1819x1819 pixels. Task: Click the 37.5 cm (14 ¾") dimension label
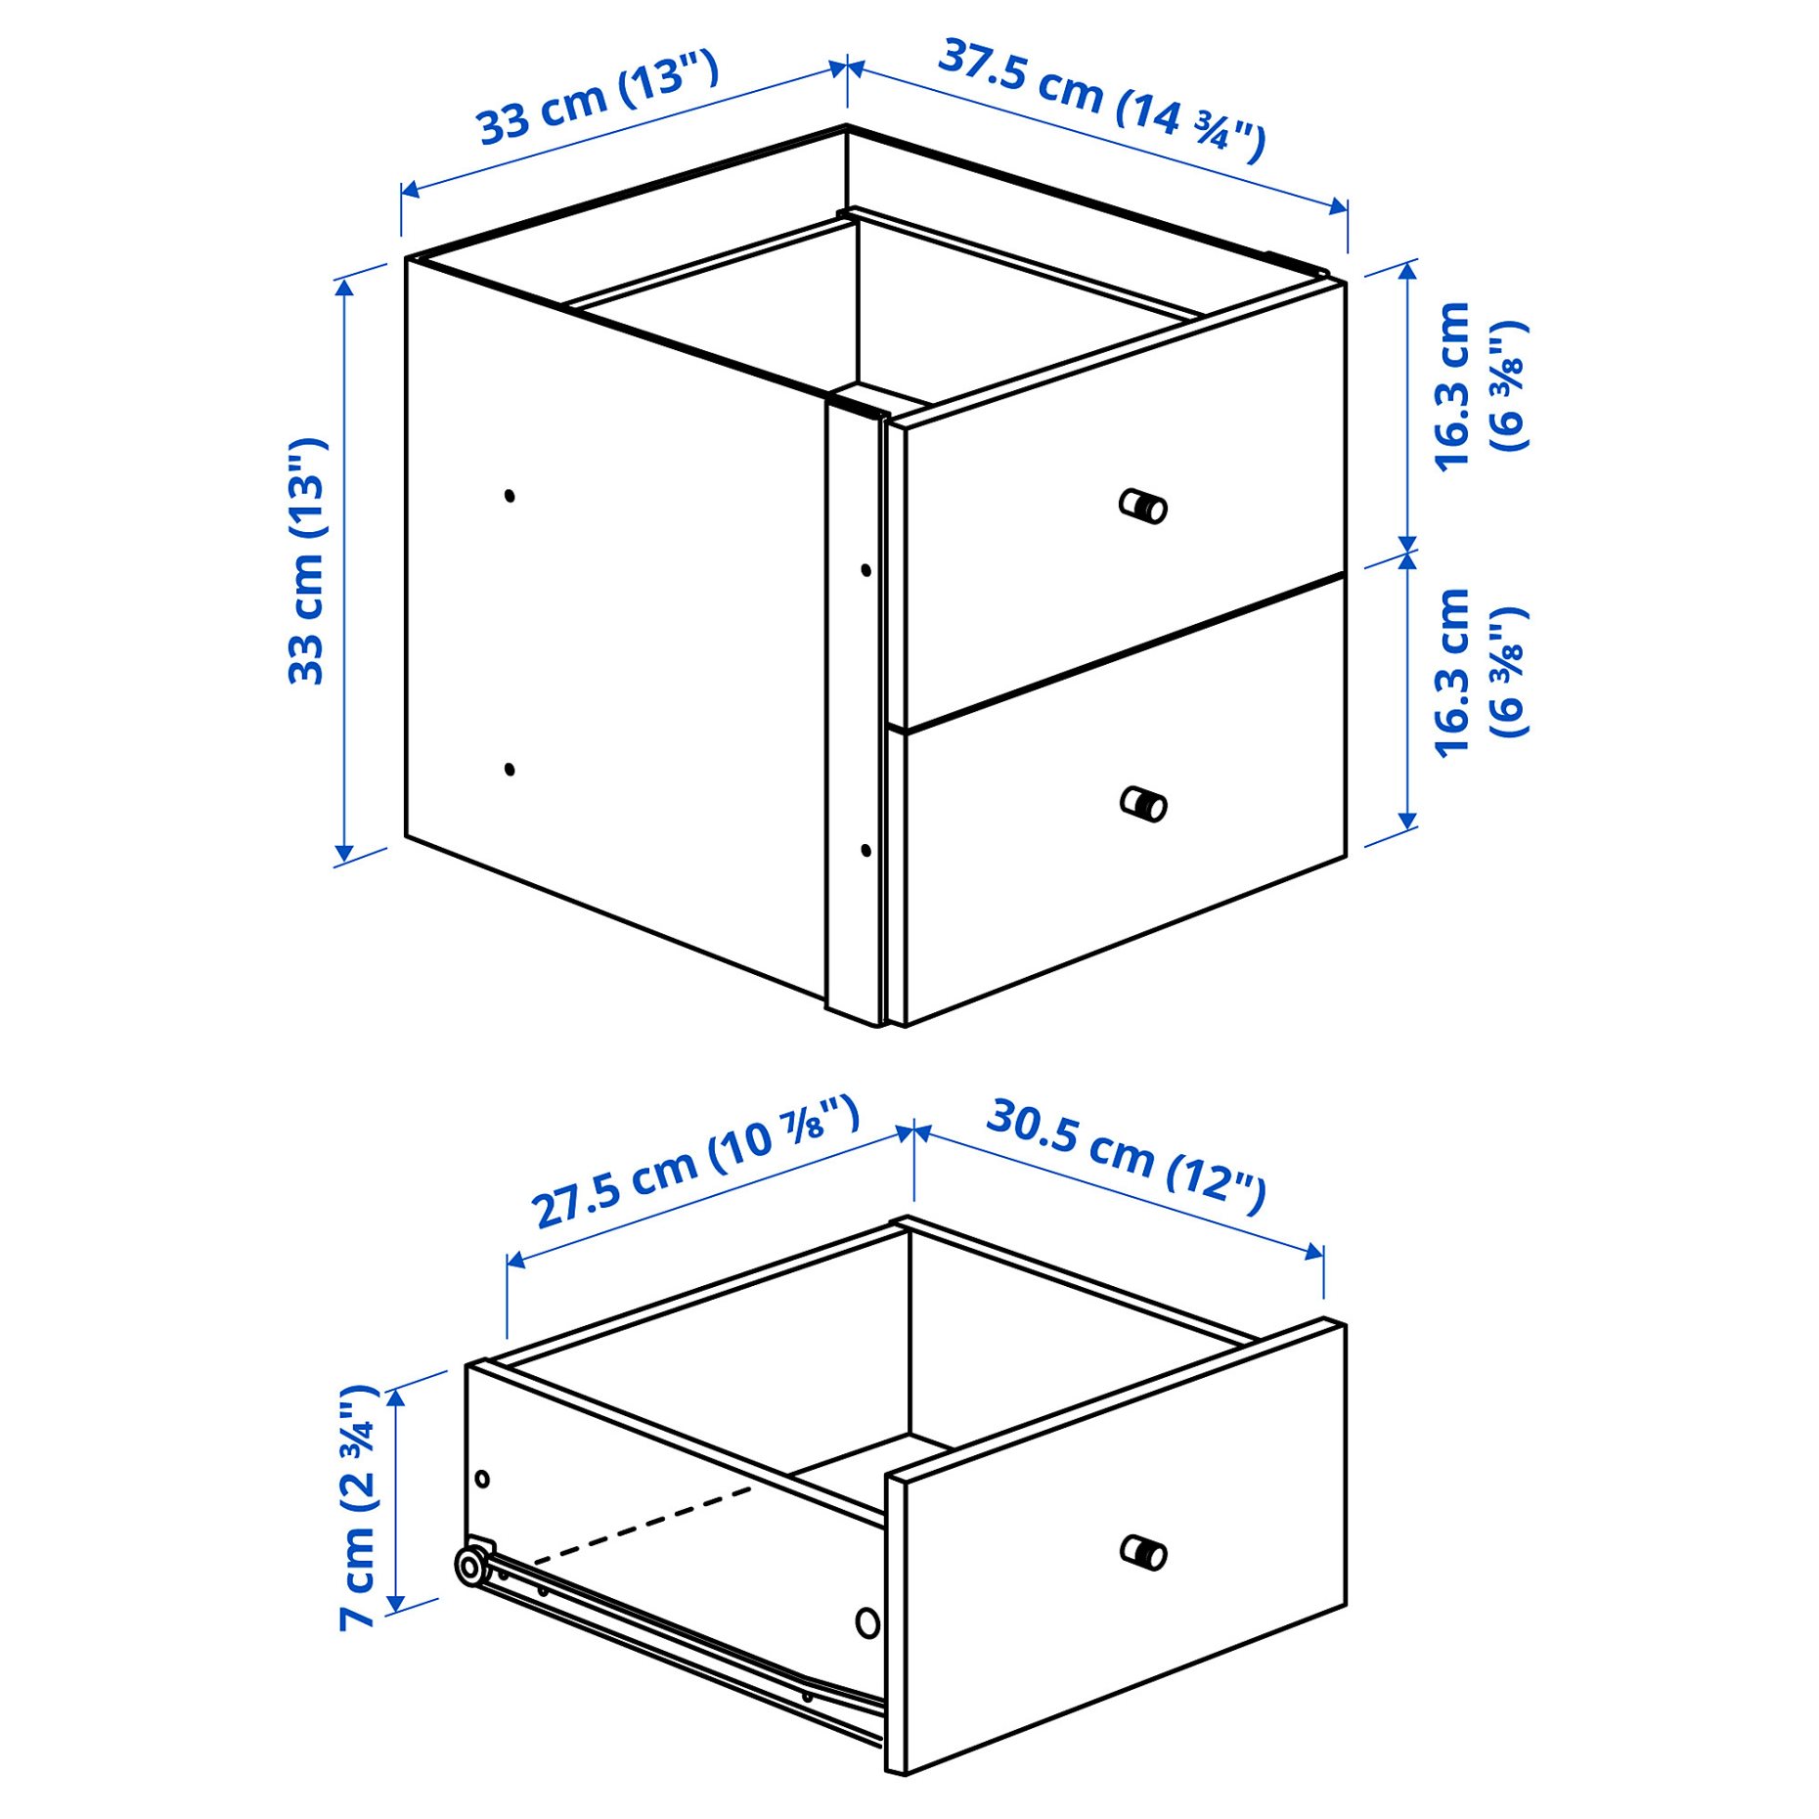[x=1101, y=99]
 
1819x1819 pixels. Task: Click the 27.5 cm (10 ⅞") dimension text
[x=695, y=1162]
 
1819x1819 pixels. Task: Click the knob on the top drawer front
[x=1143, y=507]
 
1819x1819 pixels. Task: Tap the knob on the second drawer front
[x=1143, y=804]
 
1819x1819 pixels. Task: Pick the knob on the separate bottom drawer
[x=1143, y=1552]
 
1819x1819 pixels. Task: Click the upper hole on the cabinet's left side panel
[x=510, y=496]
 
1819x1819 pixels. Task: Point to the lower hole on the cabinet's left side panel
[x=510, y=770]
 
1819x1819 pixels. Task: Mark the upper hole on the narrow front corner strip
[x=865, y=569]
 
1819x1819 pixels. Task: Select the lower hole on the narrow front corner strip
[x=865, y=850]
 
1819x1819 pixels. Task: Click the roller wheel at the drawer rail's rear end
[x=471, y=1567]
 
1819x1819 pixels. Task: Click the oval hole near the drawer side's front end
[x=867, y=1623]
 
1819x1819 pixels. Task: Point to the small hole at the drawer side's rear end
[x=482, y=1480]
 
